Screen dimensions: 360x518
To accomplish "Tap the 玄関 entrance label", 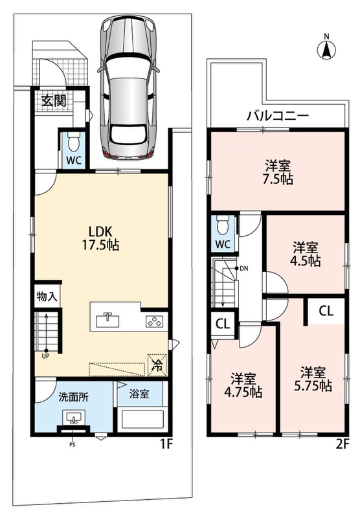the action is pyautogui.click(x=54, y=101).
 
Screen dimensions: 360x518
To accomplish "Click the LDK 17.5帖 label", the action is pyautogui.click(x=100, y=238).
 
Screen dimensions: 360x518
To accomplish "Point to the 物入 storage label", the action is pyautogui.click(x=47, y=297).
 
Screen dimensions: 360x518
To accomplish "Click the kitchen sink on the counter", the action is pyautogui.click(x=107, y=320).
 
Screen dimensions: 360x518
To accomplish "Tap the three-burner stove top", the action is pyautogui.click(x=154, y=322).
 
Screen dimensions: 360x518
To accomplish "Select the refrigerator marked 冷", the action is pyautogui.click(x=157, y=365).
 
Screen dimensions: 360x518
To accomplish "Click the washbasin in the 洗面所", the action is pyautogui.click(x=73, y=418).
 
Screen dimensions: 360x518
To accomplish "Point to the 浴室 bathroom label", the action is pyautogui.click(x=139, y=394).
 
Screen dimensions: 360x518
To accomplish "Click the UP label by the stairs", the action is pyautogui.click(x=45, y=357).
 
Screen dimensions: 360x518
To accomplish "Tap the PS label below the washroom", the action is pyautogui.click(x=73, y=445).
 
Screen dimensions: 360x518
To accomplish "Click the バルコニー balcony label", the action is pyautogui.click(x=278, y=116).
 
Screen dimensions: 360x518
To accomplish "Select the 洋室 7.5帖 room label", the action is pyautogui.click(x=278, y=172).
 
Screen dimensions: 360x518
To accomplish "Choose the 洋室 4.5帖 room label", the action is pyautogui.click(x=306, y=254).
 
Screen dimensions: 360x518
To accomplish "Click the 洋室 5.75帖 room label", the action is pyautogui.click(x=313, y=379).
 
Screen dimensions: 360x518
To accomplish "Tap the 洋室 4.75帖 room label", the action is pyautogui.click(x=243, y=385).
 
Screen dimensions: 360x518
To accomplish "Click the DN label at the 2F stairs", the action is pyautogui.click(x=243, y=269).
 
